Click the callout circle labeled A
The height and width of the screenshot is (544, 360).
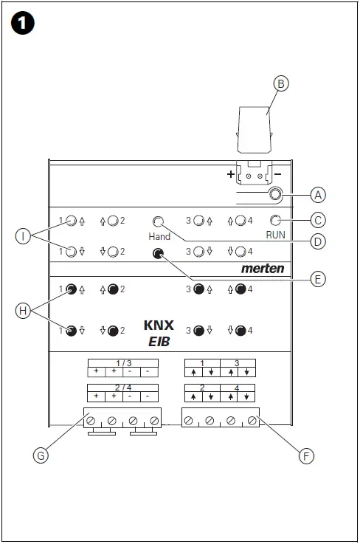(x=318, y=195)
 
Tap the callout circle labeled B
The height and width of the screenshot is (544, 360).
(x=280, y=83)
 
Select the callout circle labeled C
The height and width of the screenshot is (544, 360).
(x=318, y=219)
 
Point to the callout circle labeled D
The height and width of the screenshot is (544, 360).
(x=318, y=241)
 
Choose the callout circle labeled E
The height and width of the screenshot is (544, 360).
(x=318, y=279)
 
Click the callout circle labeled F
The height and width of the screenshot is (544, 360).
(x=307, y=456)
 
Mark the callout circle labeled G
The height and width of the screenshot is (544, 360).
(x=42, y=456)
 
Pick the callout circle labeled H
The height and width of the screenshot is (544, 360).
(x=24, y=311)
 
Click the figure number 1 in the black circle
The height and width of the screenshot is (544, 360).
(x=22, y=24)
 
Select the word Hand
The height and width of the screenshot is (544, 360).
(x=159, y=236)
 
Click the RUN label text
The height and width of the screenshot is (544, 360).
(x=276, y=234)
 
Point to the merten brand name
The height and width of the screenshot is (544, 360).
(x=262, y=269)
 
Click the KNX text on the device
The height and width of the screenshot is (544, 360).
(x=159, y=324)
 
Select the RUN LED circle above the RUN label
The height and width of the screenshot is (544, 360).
(x=275, y=220)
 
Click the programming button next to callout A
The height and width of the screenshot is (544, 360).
(x=274, y=195)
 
